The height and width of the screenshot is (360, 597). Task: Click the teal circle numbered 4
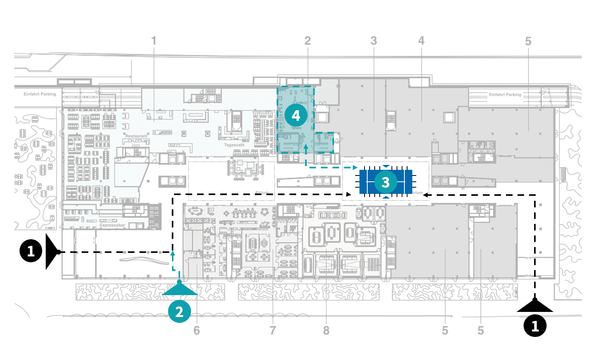coord(296,115)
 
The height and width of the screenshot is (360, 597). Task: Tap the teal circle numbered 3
coord(386,182)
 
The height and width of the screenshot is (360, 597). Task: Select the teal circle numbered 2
coord(179,312)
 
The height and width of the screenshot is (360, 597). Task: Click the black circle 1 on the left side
coord(31,251)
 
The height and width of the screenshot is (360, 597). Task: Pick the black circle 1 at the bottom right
coord(535,325)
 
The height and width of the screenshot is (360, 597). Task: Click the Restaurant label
coord(136,136)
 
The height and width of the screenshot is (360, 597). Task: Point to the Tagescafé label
coord(234,145)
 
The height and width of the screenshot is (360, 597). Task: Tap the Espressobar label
coord(112,225)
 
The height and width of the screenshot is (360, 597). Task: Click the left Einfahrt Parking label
coord(40,94)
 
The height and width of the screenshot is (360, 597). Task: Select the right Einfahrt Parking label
coord(505,95)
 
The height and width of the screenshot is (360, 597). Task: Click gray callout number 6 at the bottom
coord(197,331)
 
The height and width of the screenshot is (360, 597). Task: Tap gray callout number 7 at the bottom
coord(273,331)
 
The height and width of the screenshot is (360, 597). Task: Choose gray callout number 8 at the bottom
coord(326,331)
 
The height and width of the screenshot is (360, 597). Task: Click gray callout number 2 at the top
coord(307,41)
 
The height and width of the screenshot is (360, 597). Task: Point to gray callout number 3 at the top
coord(374,41)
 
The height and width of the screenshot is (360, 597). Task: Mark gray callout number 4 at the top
coord(421,41)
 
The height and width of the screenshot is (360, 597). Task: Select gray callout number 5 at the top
coord(528,41)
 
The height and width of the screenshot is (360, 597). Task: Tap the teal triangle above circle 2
coord(180,289)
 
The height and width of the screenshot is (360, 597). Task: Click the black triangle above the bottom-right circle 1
coord(535,306)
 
